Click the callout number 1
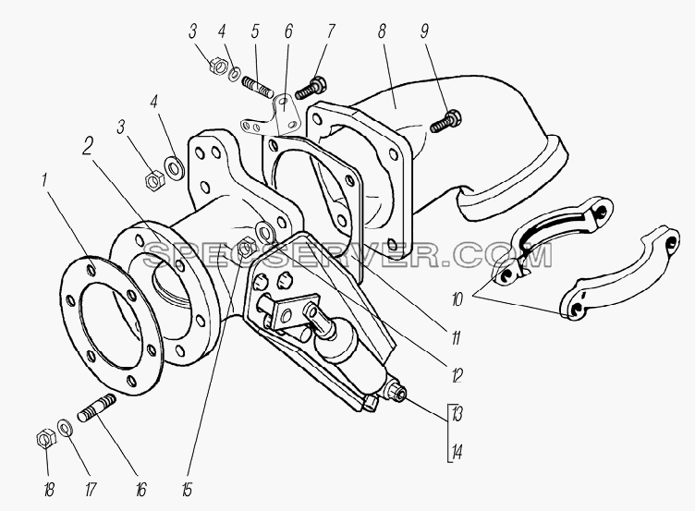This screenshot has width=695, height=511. tap(43, 181)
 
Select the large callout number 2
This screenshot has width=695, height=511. tap(88, 146)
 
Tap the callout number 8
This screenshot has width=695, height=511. tap(382, 30)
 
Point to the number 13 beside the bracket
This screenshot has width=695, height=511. tap(457, 414)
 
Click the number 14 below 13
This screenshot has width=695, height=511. tap(457, 453)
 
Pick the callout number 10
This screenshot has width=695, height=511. tap(457, 300)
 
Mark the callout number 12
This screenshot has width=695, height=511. tap(457, 376)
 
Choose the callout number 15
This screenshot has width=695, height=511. tap(187, 490)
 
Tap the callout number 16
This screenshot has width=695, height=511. tap(140, 490)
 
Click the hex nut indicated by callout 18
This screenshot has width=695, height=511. tap(45, 438)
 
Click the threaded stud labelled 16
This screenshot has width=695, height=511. tap(97, 408)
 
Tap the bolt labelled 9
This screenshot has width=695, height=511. tap(445, 121)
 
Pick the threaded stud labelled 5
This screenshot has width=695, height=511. tap(258, 87)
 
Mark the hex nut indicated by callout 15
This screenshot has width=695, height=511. tap(246, 249)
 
